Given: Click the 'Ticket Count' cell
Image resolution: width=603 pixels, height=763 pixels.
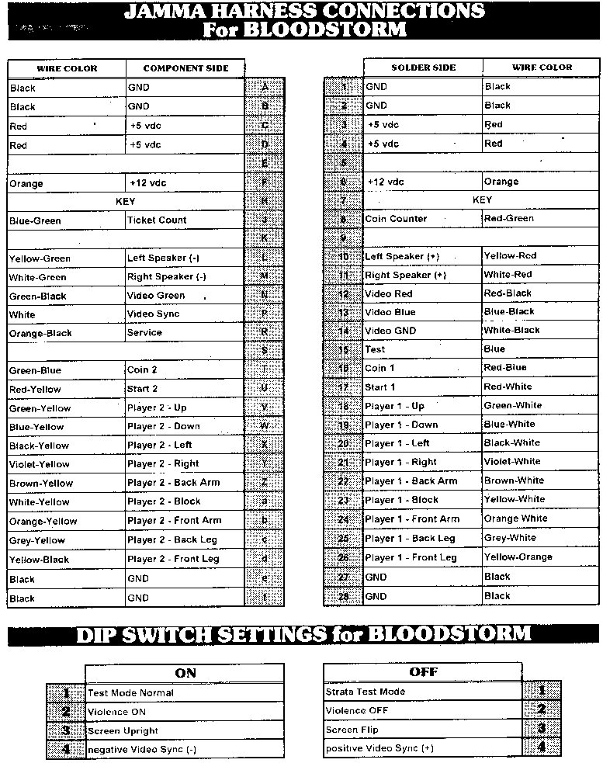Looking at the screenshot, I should click(x=185, y=220).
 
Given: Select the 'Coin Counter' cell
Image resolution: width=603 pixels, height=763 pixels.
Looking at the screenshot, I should click(x=423, y=219).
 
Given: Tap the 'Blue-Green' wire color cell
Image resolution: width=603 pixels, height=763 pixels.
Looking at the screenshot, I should click(x=67, y=221).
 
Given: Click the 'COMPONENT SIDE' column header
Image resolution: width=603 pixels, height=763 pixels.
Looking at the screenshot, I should click(x=185, y=68).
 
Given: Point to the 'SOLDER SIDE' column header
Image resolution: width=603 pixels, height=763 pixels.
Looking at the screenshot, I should click(x=423, y=68).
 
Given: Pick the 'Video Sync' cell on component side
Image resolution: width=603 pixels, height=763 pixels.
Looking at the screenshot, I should click(x=185, y=314).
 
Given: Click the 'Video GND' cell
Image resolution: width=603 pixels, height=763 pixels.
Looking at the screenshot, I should click(x=423, y=331).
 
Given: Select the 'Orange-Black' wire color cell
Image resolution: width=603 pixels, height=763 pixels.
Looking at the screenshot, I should click(x=67, y=333).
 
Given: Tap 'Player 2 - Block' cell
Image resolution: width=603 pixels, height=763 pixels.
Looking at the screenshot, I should click(x=185, y=502).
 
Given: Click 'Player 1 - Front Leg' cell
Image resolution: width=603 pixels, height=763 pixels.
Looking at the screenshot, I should click(x=423, y=557).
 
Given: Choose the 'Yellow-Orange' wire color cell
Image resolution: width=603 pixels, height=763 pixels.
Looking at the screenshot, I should click(x=540, y=557).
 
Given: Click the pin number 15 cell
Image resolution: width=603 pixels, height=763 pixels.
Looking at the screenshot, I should click(x=344, y=350).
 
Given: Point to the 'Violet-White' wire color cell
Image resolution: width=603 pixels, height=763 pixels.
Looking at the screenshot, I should click(x=540, y=462).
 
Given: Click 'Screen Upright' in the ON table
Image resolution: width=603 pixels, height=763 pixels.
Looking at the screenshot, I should click(x=185, y=731).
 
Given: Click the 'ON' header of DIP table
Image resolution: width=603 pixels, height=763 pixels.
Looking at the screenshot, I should click(x=185, y=673).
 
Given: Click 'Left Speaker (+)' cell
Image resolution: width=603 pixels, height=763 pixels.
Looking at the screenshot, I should click(x=423, y=256).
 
